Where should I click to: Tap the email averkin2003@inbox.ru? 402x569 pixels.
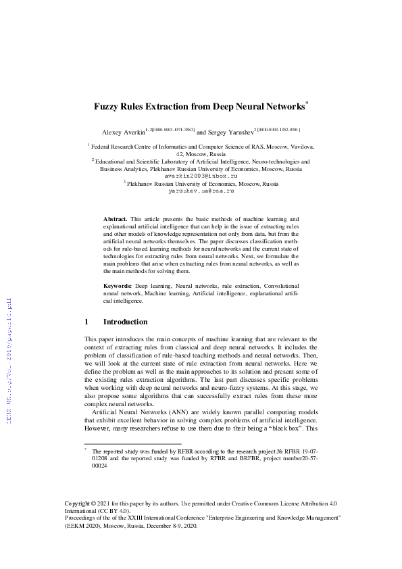click(201, 176)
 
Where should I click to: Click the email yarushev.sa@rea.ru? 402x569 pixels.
click(201, 191)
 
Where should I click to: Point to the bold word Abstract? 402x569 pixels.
click(115, 220)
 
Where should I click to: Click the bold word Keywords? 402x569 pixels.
click(118, 287)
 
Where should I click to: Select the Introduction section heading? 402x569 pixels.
click(125, 322)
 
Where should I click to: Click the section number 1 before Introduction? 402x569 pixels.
click(86, 322)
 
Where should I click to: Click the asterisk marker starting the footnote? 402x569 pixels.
click(86, 449)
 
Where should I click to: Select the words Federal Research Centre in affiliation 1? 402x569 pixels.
click(125, 146)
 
